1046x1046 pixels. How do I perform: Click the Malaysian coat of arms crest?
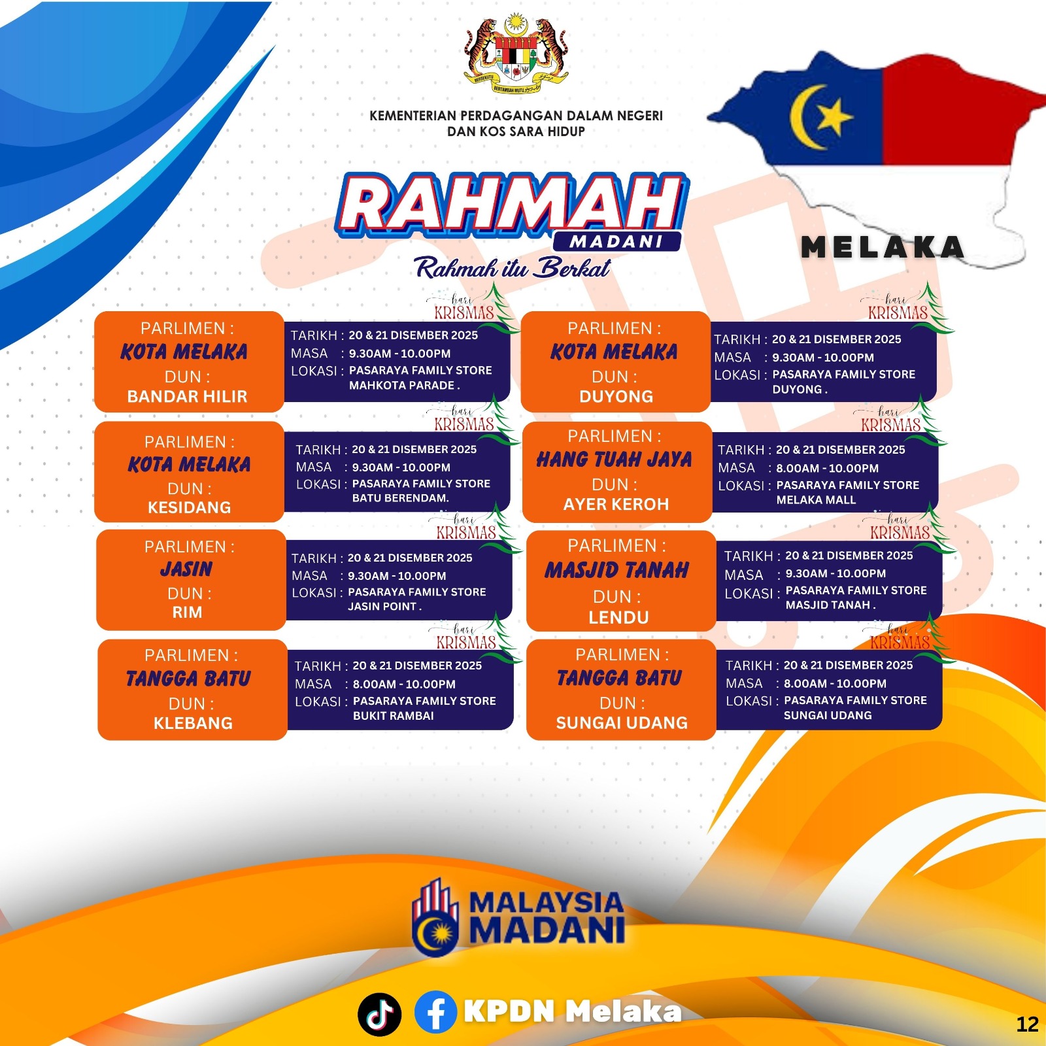[x=516, y=54]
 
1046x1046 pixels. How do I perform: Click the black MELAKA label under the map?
[x=883, y=247]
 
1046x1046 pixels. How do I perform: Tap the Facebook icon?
[x=435, y=1011]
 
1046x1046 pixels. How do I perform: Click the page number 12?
[x=1028, y=1024]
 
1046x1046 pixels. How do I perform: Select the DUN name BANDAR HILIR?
[x=188, y=397]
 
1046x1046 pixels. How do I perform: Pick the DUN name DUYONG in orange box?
[x=616, y=397]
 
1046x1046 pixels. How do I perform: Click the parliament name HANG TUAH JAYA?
[x=615, y=460]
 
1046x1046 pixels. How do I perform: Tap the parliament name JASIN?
[x=187, y=569]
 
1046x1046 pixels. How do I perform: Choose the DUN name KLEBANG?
[x=193, y=723]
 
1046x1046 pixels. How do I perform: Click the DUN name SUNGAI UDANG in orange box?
[x=622, y=723]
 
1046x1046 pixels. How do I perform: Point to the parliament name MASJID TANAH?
[x=617, y=570]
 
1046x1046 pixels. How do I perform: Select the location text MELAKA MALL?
[x=816, y=500]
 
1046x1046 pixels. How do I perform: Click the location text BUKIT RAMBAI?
[x=394, y=716]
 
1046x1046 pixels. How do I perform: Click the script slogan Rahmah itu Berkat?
[x=512, y=267]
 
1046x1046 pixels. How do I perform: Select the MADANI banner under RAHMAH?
[x=616, y=242]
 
